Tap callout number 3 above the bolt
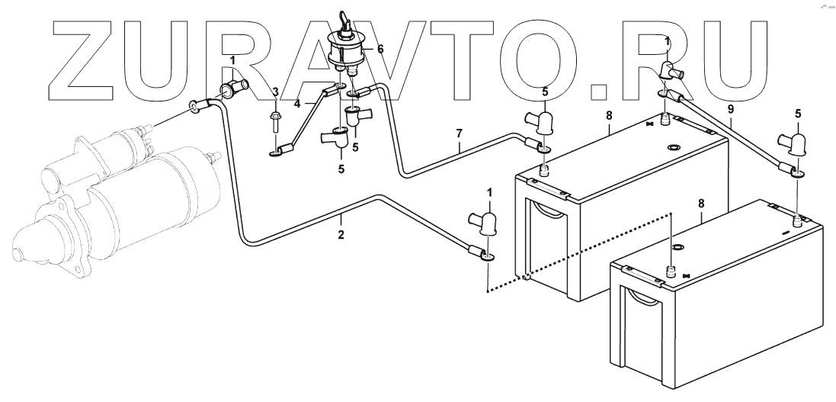[275, 92]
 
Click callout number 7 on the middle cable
[460, 134]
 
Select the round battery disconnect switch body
[348, 49]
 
